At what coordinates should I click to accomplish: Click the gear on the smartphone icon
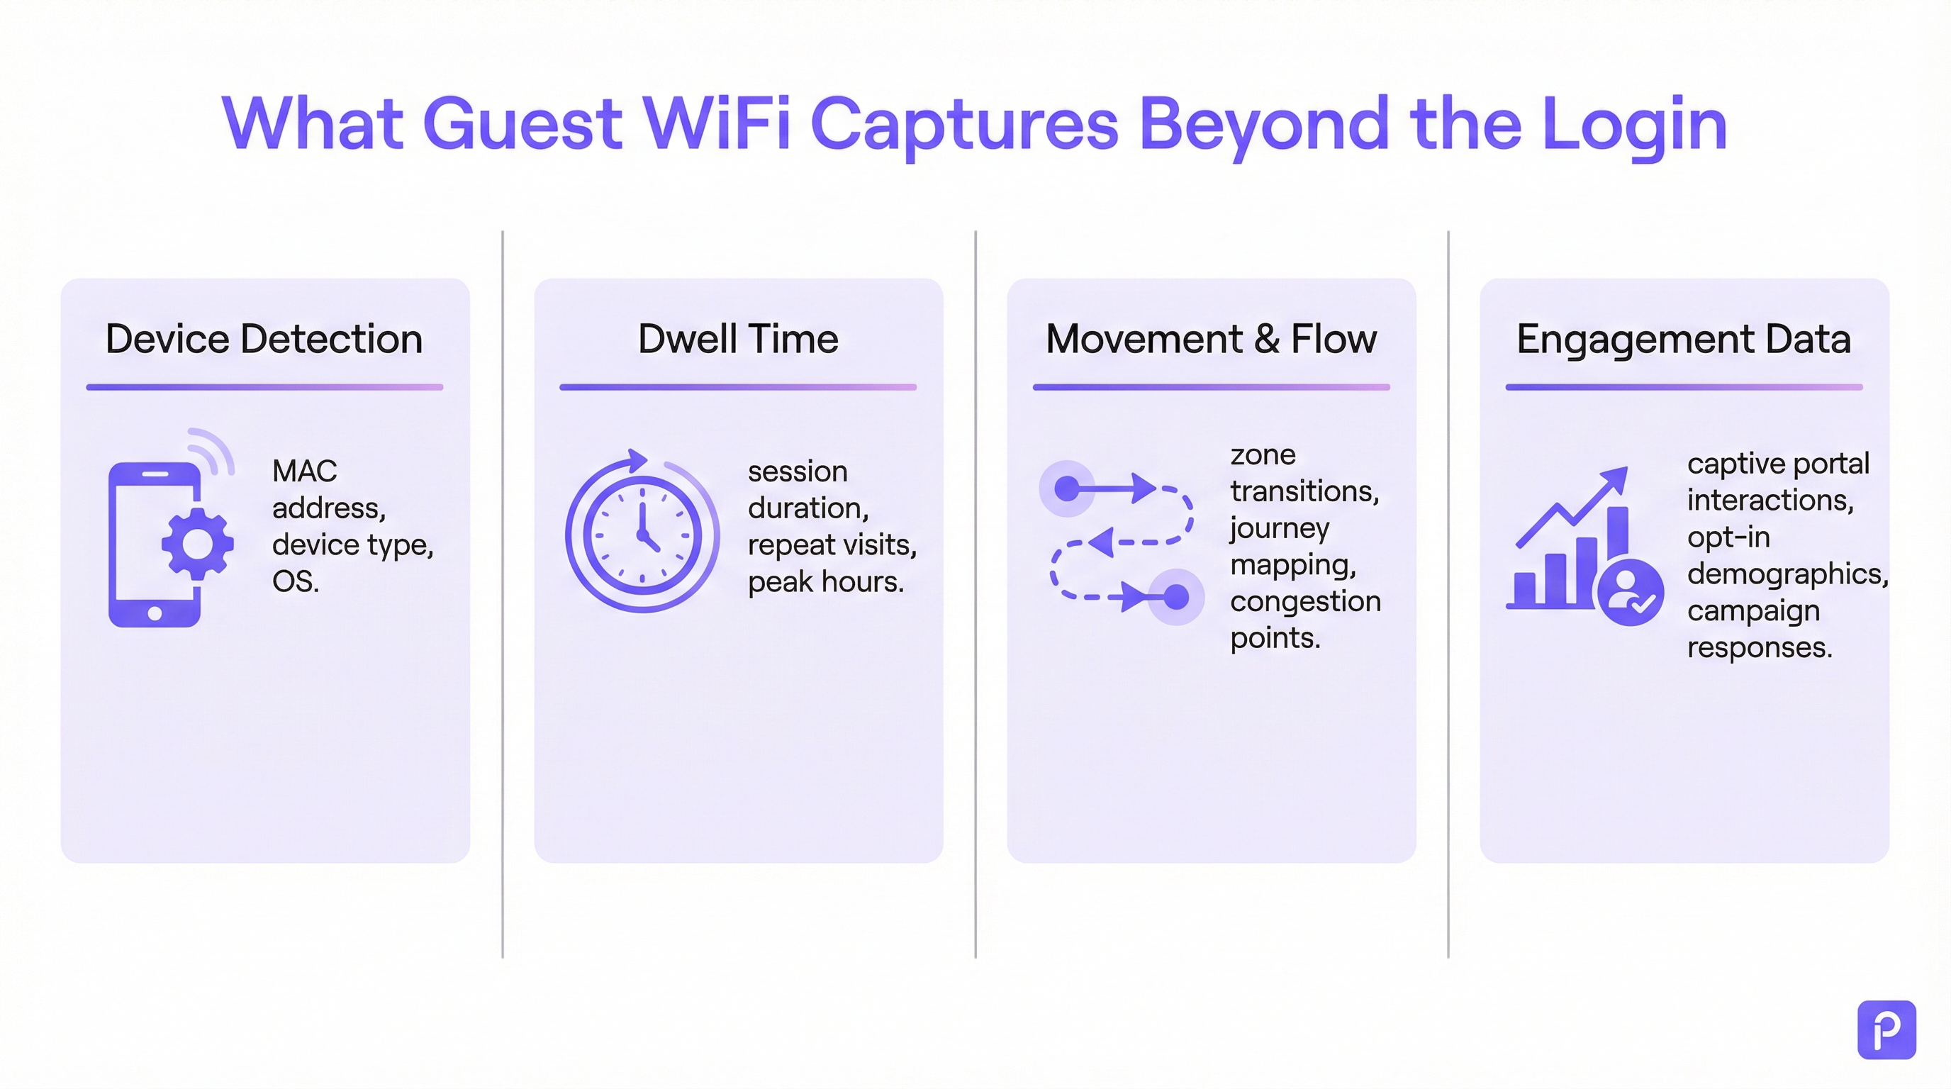pos(197,544)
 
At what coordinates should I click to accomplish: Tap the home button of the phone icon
pos(155,613)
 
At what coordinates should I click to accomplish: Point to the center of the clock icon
pos(642,535)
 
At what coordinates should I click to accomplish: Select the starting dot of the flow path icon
pos(1066,488)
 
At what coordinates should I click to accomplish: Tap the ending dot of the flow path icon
pos(1175,597)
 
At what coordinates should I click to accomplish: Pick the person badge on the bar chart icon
pos(1630,592)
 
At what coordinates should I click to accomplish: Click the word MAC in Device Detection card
pos(303,471)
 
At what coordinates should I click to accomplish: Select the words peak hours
pos(824,581)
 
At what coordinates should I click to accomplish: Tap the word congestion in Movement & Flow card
pos(1305,601)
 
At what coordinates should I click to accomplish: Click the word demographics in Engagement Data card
pos(1787,574)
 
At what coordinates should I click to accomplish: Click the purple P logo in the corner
pos(1886,1029)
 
